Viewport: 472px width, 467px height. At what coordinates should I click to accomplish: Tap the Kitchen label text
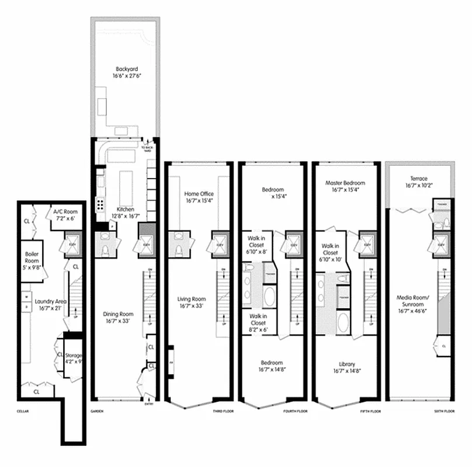[x=126, y=208]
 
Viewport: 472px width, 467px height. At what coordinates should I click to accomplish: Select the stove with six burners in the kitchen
[x=100, y=204]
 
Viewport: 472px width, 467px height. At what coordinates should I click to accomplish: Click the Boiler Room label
[x=32, y=255]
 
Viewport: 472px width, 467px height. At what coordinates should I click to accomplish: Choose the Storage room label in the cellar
[x=74, y=356]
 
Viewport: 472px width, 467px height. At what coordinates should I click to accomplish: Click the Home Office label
[x=199, y=194]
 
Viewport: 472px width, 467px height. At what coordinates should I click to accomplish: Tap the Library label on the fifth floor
[x=347, y=363]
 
